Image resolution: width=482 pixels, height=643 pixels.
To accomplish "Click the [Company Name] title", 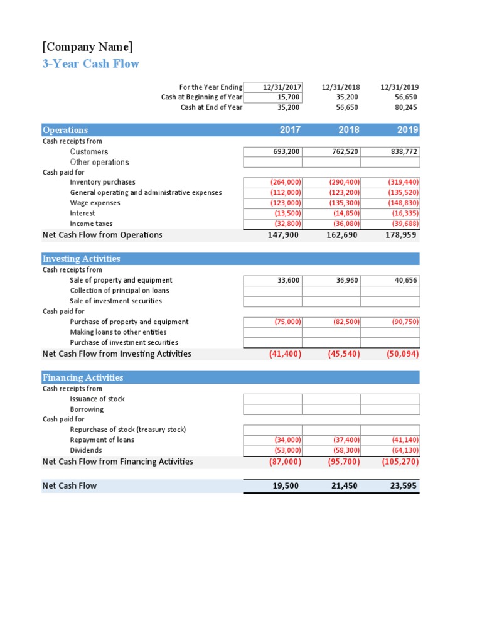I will click(x=87, y=47).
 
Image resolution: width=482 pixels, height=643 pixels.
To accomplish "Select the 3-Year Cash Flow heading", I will click(x=90, y=63).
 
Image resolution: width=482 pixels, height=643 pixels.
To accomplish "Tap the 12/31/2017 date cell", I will click(x=282, y=87).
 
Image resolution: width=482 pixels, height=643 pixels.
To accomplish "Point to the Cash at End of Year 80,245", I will click(x=405, y=107).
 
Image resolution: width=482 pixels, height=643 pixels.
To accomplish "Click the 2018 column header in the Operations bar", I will click(x=349, y=130).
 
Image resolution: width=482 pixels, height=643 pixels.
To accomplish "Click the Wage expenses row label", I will click(x=95, y=203).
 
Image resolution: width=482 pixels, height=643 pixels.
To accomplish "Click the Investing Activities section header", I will click(x=81, y=259).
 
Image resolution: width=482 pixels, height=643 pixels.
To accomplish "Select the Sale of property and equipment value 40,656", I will click(x=405, y=280).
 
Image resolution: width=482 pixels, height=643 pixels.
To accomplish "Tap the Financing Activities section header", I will click(x=82, y=377).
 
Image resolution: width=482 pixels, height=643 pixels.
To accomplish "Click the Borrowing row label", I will click(x=87, y=409).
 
